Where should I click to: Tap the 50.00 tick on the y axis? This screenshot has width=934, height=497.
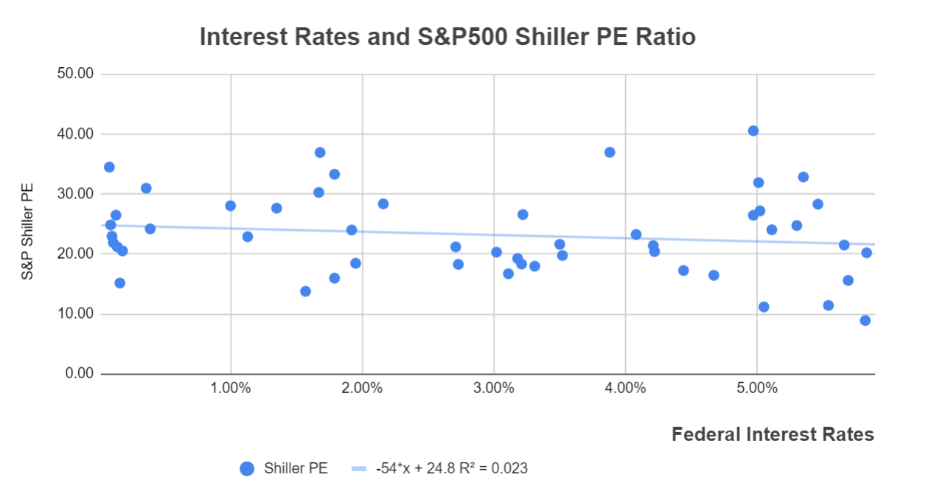pyautogui.click(x=77, y=74)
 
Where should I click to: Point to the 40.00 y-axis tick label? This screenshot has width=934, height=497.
pyautogui.click(x=77, y=134)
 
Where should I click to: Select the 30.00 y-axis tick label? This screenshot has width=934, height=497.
pyautogui.click(x=77, y=194)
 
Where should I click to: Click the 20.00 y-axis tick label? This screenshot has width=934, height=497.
pyautogui.click(x=77, y=254)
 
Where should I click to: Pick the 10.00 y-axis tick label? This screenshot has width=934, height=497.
pyautogui.click(x=77, y=314)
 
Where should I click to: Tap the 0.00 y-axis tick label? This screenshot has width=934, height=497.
pyautogui.click(x=80, y=374)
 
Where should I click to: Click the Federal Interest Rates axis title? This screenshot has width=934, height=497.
pyautogui.click(x=773, y=434)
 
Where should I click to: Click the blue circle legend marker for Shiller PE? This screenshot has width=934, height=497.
pyautogui.click(x=247, y=468)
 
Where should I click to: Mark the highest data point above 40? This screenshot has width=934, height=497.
pyautogui.click(x=753, y=131)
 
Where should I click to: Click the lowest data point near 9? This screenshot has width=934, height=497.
pyautogui.click(x=865, y=320)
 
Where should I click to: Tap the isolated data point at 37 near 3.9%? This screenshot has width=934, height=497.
pyautogui.click(x=610, y=152)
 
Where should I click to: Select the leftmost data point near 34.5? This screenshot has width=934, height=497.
pyautogui.click(x=109, y=167)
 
